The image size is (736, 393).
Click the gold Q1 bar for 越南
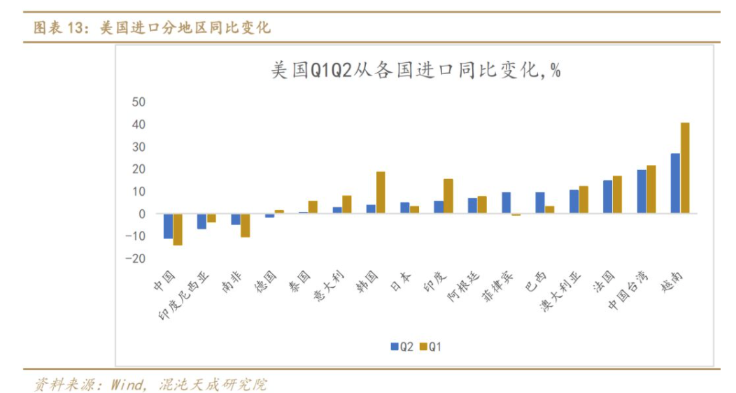pyautogui.click(x=685, y=168)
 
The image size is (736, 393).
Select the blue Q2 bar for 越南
pyautogui.click(x=675, y=183)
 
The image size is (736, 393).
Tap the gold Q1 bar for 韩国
pyautogui.click(x=381, y=192)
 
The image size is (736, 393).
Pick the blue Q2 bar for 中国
pyautogui.click(x=168, y=226)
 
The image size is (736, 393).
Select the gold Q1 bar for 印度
pyautogui.click(x=448, y=196)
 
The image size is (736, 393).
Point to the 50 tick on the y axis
pyautogui.click(x=138, y=102)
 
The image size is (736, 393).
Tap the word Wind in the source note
pyautogui.click(x=121, y=384)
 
